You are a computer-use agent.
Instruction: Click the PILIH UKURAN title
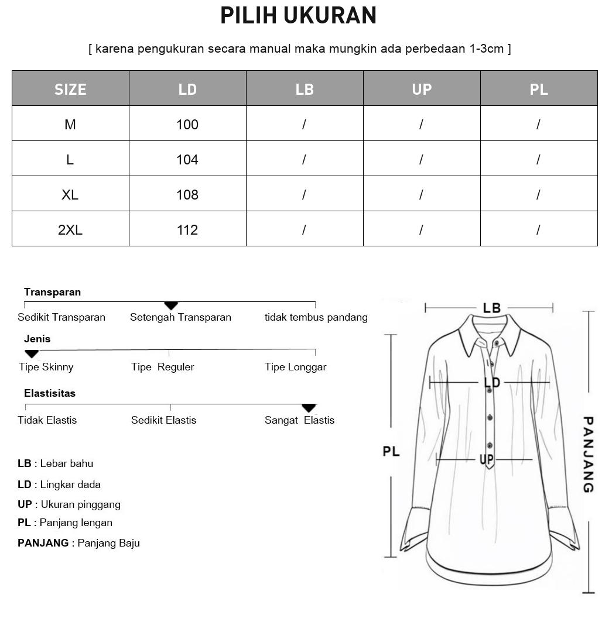(298, 16)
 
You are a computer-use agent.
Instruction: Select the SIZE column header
(70, 89)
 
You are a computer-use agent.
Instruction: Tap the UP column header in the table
(422, 89)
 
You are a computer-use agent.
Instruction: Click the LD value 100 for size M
(187, 125)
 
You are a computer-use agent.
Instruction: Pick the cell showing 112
(187, 230)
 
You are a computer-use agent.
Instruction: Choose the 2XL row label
(70, 230)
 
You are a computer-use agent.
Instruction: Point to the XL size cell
(70, 195)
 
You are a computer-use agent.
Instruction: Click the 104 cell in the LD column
(187, 160)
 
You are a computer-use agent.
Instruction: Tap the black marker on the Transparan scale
(171, 305)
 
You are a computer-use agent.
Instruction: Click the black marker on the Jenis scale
(32, 353)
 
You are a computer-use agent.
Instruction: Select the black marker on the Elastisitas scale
(309, 408)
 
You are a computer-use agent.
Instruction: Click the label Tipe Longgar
(295, 367)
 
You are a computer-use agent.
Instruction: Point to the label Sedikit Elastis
(163, 420)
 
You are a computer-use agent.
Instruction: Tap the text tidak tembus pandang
(316, 317)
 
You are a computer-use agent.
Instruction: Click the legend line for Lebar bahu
(56, 463)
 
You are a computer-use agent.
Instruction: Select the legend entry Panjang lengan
(65, 523)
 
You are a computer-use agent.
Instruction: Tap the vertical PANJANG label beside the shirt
(589, 454)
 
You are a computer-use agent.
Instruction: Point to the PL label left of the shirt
(391, 451)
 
